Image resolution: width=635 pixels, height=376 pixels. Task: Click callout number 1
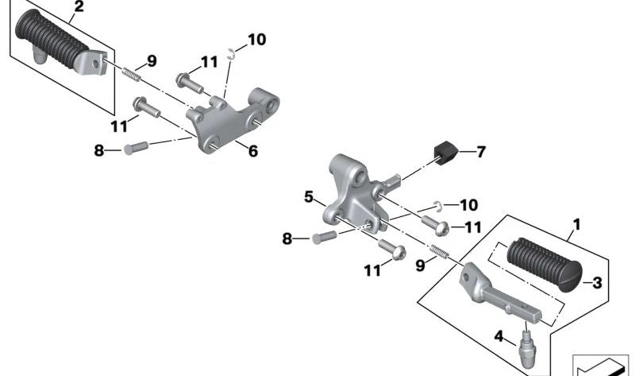[577, 225]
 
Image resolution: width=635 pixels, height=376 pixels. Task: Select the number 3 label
[597, 282]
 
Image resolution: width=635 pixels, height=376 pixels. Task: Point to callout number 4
[498, 335]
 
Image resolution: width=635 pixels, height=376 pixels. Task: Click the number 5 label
[309, 196]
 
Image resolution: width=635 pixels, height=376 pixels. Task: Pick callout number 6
[252, 150]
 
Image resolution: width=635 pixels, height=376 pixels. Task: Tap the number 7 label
[480, 150]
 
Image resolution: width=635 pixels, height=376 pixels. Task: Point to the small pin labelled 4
[527, 343]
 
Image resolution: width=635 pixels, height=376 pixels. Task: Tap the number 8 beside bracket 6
[99, 149]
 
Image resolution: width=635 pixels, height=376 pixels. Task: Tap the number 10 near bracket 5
[468, 204]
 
